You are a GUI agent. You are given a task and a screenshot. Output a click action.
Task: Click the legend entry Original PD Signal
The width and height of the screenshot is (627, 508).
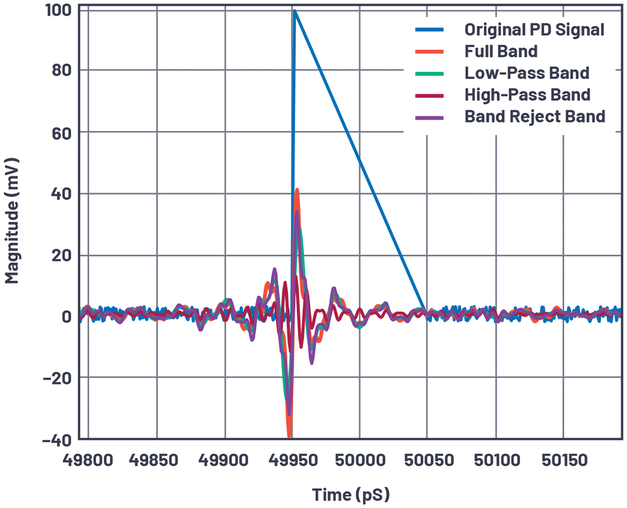pyautogui.click(x=534, y=29)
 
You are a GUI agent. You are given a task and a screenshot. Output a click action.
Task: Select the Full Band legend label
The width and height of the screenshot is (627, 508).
pyautogui.click(x=501, y=51)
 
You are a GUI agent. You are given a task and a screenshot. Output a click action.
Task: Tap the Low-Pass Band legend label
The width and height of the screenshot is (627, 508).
pyautogui.click(x=526, y=72)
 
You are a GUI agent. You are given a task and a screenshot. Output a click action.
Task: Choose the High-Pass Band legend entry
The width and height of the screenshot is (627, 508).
pyautogui.click(x=527, y=95)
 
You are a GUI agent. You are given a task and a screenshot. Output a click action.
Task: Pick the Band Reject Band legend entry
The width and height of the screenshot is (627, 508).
pyautogui.click(x=535, y=116)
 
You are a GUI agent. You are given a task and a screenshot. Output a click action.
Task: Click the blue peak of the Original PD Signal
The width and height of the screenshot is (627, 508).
pyautogui.click(x=295, y=11)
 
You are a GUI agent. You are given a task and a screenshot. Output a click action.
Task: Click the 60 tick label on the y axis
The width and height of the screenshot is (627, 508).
pyautogui.click(x=61, y=133)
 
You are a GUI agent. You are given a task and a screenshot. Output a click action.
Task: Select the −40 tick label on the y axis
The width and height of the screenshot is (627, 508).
pyautogui.click(x=57, y=439)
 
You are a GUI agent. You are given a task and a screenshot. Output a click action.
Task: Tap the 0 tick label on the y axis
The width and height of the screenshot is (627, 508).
pyautogui.click(x=66, y=317)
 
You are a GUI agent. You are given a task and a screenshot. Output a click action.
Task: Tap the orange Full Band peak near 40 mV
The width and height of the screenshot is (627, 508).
pyautogui.click(x=297, y=190)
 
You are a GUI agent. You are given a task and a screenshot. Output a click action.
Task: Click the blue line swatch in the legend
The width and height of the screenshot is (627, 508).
pyautogui.click(x=429, y=29)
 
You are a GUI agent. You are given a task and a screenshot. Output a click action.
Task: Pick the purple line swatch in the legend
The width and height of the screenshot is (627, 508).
pyautogui.click(x=429, y=116)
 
